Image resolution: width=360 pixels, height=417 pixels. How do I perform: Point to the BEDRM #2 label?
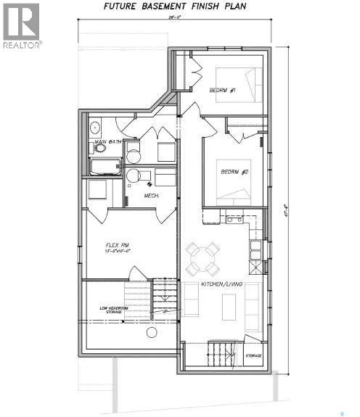[234, 172]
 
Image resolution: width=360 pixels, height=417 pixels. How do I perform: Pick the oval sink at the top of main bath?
[95, 128]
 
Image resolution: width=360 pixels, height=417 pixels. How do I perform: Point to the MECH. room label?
[151, 196]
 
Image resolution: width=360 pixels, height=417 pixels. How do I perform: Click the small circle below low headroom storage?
[151, 333]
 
